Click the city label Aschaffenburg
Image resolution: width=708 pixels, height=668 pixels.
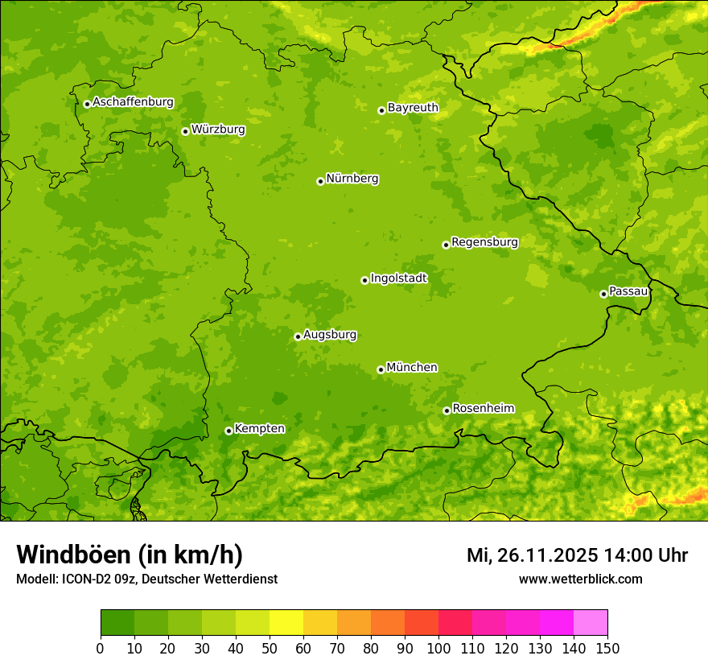(x=133, y=102)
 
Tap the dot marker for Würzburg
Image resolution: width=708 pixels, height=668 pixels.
(x=185, y=131)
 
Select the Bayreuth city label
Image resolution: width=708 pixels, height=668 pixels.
(x=413, y=108)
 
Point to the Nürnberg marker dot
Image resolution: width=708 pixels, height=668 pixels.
(x=320, y=181)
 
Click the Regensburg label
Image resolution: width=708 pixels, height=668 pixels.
(x=484, y=242)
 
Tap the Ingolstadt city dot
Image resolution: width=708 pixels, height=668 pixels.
(x=364, y=280)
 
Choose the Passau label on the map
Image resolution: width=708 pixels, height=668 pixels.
(x=628, y=291)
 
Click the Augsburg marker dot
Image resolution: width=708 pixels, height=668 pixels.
(x=298, y=336)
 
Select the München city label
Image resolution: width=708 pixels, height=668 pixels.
(x=412, y=368)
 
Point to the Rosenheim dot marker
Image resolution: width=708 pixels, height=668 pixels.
(x=447, y=410)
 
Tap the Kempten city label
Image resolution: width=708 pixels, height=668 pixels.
(x=259, y=429)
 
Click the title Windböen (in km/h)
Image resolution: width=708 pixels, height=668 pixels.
(x=130, y=555)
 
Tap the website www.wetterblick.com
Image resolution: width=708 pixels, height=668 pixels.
(x=580, y=579)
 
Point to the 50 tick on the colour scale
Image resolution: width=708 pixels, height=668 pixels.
(x=270, y=648)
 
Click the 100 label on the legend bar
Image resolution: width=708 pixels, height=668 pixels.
(x=438, y=648)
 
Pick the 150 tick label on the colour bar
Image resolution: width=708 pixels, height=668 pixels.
(x=607, y=648)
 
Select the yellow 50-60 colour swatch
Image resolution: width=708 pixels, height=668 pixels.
(x=286, y=623)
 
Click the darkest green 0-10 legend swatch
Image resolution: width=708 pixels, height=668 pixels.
(x=117, y=623)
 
